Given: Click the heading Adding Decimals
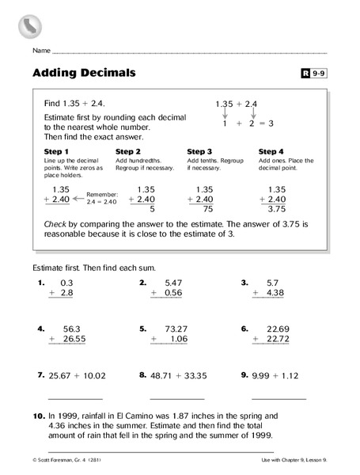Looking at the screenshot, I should point(85,73).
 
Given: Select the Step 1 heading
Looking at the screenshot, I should point(56,151).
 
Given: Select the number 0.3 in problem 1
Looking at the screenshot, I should point(66,282).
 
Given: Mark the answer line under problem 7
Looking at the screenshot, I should point(75,398).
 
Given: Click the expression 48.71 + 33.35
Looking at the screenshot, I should point(178,375).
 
